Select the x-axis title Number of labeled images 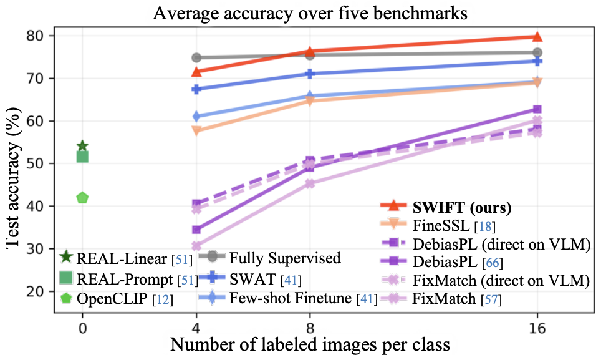(x=309, y=344)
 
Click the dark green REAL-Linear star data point (x=82, y=147)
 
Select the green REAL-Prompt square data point (x=82, y=157)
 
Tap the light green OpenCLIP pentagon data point (x=82, y=198)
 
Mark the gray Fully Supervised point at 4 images (x=196, y=57)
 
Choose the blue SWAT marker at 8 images (x=309, y=74)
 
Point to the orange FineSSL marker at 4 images (x=196, y=130)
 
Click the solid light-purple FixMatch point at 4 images (x=196, y=246)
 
